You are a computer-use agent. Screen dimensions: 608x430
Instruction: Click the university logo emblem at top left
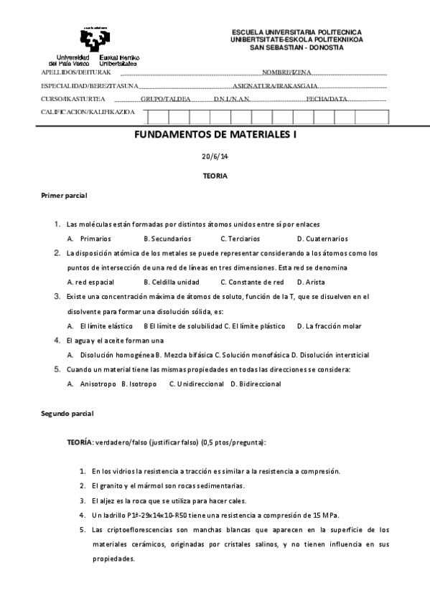pos(95,40)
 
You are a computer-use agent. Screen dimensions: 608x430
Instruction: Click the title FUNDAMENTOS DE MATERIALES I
pos(215,134)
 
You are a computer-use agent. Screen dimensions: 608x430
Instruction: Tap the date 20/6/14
pos(215,157)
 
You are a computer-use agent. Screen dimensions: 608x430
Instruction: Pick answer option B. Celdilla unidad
pos(172,282)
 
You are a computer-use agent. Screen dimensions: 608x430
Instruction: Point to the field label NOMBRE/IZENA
pos(286,73)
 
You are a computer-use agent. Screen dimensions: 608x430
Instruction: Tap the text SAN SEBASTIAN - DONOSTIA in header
pos(296,47)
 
